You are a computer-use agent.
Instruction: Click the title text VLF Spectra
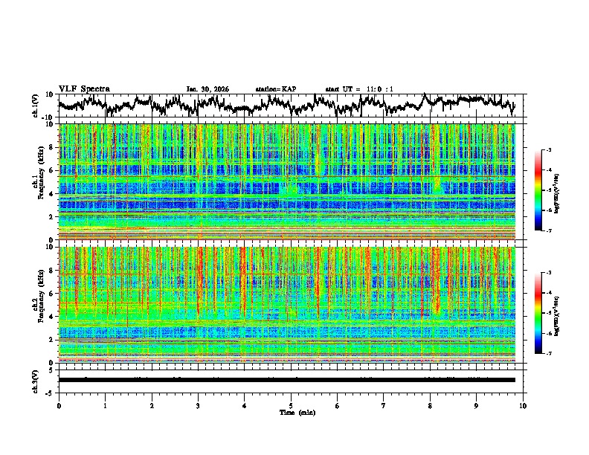point(84,88)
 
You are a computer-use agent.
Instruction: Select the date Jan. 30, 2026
point(207,89)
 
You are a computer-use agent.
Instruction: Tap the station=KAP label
point(275,89)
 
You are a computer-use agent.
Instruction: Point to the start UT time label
point(359,89)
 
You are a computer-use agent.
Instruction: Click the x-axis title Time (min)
point(291,413)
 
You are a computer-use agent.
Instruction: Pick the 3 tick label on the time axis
point(198,406)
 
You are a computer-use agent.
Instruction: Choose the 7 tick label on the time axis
point(384,406)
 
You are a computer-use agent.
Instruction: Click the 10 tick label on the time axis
point(523,406)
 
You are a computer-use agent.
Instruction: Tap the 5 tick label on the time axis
point(291,406)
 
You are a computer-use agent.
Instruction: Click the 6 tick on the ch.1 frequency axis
point(53,170)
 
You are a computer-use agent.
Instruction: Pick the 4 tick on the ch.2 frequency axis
point(53,317)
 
